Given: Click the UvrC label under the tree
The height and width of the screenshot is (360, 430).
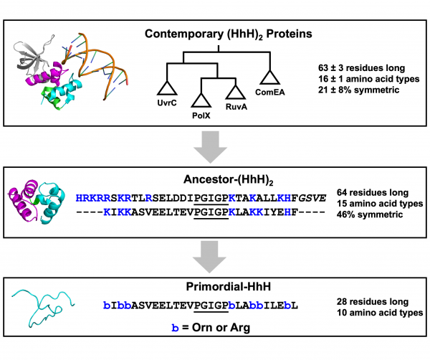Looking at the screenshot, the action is coord(167,103).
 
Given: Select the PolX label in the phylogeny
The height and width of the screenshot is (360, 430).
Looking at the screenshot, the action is coord(201,115).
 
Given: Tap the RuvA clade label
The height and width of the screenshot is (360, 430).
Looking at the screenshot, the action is coord(236,106).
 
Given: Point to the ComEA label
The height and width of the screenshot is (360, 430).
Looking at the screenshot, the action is coord(270,93).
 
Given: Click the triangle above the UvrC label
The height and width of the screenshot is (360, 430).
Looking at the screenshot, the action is coord(167,88).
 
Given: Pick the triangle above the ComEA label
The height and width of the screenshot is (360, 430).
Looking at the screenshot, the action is coord(270,77).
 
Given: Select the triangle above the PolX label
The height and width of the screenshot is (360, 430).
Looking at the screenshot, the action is coord(201,100).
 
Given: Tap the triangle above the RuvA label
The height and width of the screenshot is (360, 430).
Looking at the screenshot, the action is coord(236,92).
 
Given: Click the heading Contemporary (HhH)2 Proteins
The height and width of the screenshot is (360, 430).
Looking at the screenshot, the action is coord(228,34).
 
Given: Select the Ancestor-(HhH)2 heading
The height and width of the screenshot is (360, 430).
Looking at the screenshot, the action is coord(228,180).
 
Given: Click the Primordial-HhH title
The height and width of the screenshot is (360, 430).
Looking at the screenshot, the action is coord(228,286).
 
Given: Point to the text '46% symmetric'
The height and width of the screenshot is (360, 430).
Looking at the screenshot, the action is coord(370,214).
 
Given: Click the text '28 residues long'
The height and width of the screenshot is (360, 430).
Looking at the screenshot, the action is coord(373,302).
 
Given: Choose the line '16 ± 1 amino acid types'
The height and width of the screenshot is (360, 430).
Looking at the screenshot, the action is coord(368,79).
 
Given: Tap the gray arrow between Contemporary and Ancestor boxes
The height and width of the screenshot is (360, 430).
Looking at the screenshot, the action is coord(210,146).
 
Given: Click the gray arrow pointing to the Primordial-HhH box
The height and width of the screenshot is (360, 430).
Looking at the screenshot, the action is coord(209,257).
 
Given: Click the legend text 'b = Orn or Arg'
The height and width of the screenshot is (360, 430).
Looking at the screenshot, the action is coord(211,327).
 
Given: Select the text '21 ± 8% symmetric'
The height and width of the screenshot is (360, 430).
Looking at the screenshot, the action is coord(359,90).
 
